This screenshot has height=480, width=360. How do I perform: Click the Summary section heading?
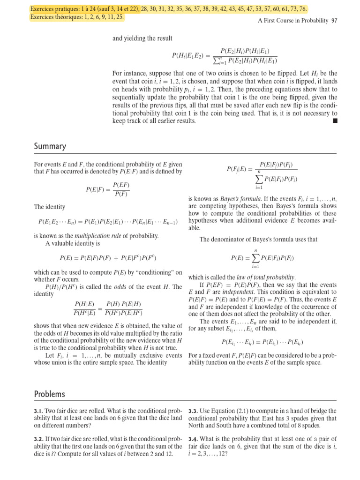pos(50,147)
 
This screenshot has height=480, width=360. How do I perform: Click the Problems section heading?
pos(50,394)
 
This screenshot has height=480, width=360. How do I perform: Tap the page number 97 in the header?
pos(334,21)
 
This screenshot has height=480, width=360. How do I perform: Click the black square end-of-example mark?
pos(334,121)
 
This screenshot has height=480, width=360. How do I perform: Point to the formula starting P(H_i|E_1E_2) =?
pos(225,56)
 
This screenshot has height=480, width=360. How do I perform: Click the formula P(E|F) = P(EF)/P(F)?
pos(108,190)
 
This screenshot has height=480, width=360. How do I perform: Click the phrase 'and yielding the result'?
pos(142,38)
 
